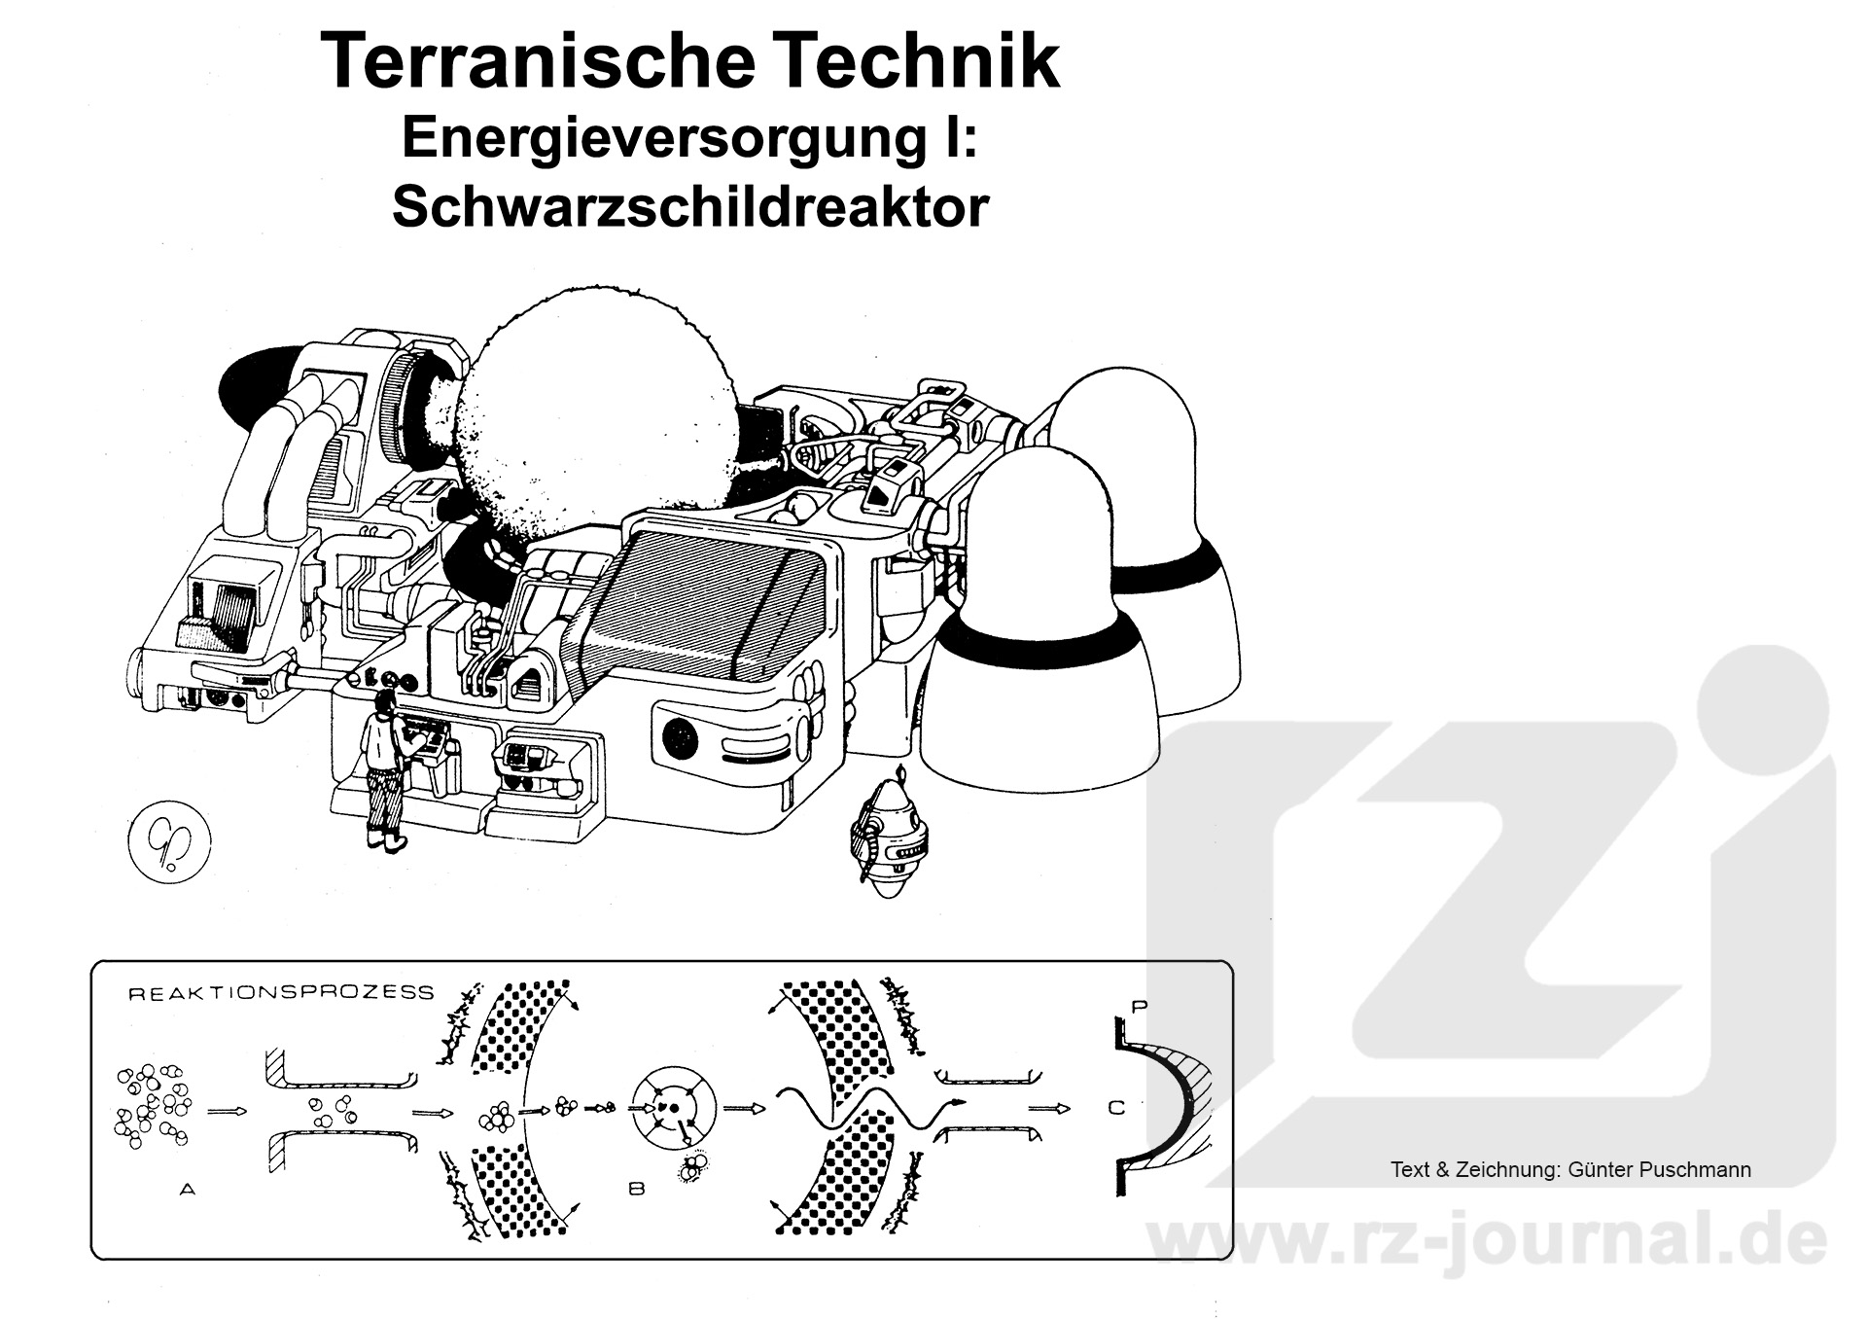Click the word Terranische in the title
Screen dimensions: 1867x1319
tap(537, 61)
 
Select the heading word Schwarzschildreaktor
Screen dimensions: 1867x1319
tap(690, 205)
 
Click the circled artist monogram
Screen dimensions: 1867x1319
tap(170, 839)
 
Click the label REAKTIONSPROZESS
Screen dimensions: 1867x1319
tap(282, 993)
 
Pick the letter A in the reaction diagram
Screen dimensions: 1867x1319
tap(187, 1189)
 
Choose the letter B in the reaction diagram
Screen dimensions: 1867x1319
tap(637, 1188)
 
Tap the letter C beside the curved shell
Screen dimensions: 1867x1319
tap(1116, 1107)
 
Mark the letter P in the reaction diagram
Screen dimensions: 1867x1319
tap(1141, 1007)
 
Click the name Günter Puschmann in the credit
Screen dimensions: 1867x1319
tap(1659, 1170)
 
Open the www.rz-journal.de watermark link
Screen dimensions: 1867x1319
tap(1487, 1240)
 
